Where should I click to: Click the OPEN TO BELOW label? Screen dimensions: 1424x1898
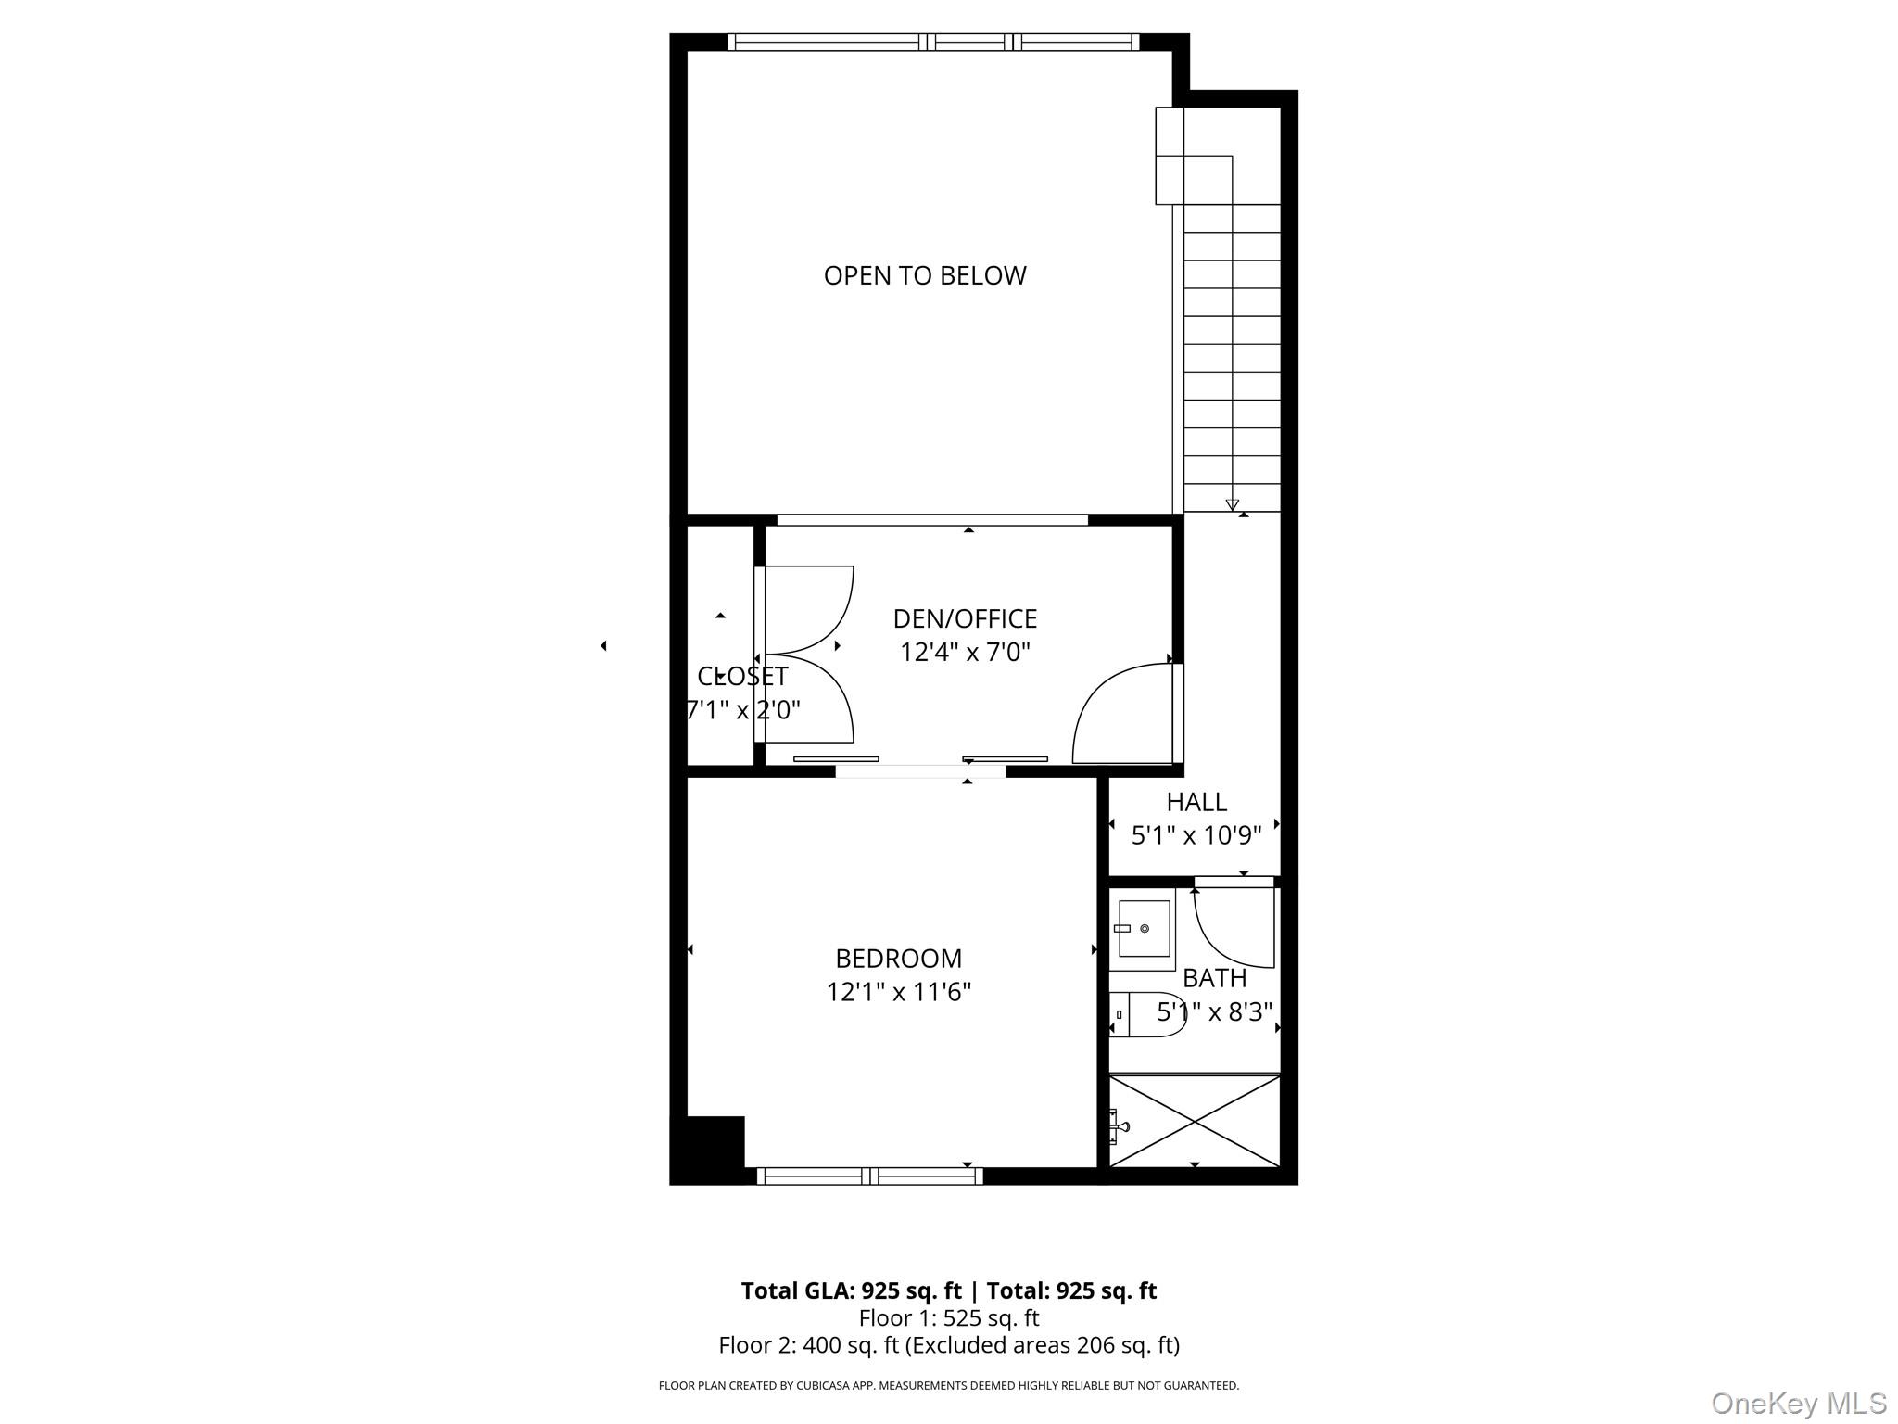point(925,275)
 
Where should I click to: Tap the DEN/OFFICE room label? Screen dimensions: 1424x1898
point(965,618)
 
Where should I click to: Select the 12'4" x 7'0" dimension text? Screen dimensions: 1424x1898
point(965,653)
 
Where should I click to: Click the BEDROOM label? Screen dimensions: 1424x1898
point(898,958)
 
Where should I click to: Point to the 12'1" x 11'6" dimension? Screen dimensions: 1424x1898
point(898,993)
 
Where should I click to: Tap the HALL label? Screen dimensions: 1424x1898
point(1196,802)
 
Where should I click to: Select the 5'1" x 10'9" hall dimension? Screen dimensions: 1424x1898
point(1196,836)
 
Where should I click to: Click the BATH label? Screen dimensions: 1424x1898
point(1214,978)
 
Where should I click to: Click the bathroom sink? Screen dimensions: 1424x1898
point(1143,929)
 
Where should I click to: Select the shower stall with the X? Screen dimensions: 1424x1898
point(1195,1121)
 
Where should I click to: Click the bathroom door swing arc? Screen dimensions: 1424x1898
point(1223,936)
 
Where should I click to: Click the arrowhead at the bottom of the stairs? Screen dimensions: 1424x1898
point(1232,505)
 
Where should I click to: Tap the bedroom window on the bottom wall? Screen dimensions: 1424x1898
point(869,1176)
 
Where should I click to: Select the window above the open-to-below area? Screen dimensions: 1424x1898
point(932,42)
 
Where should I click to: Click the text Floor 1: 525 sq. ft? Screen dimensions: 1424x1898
point(948,1318)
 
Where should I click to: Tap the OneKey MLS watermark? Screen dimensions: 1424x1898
point(1798,1403)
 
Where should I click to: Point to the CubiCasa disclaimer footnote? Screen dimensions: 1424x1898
point(948,1386)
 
